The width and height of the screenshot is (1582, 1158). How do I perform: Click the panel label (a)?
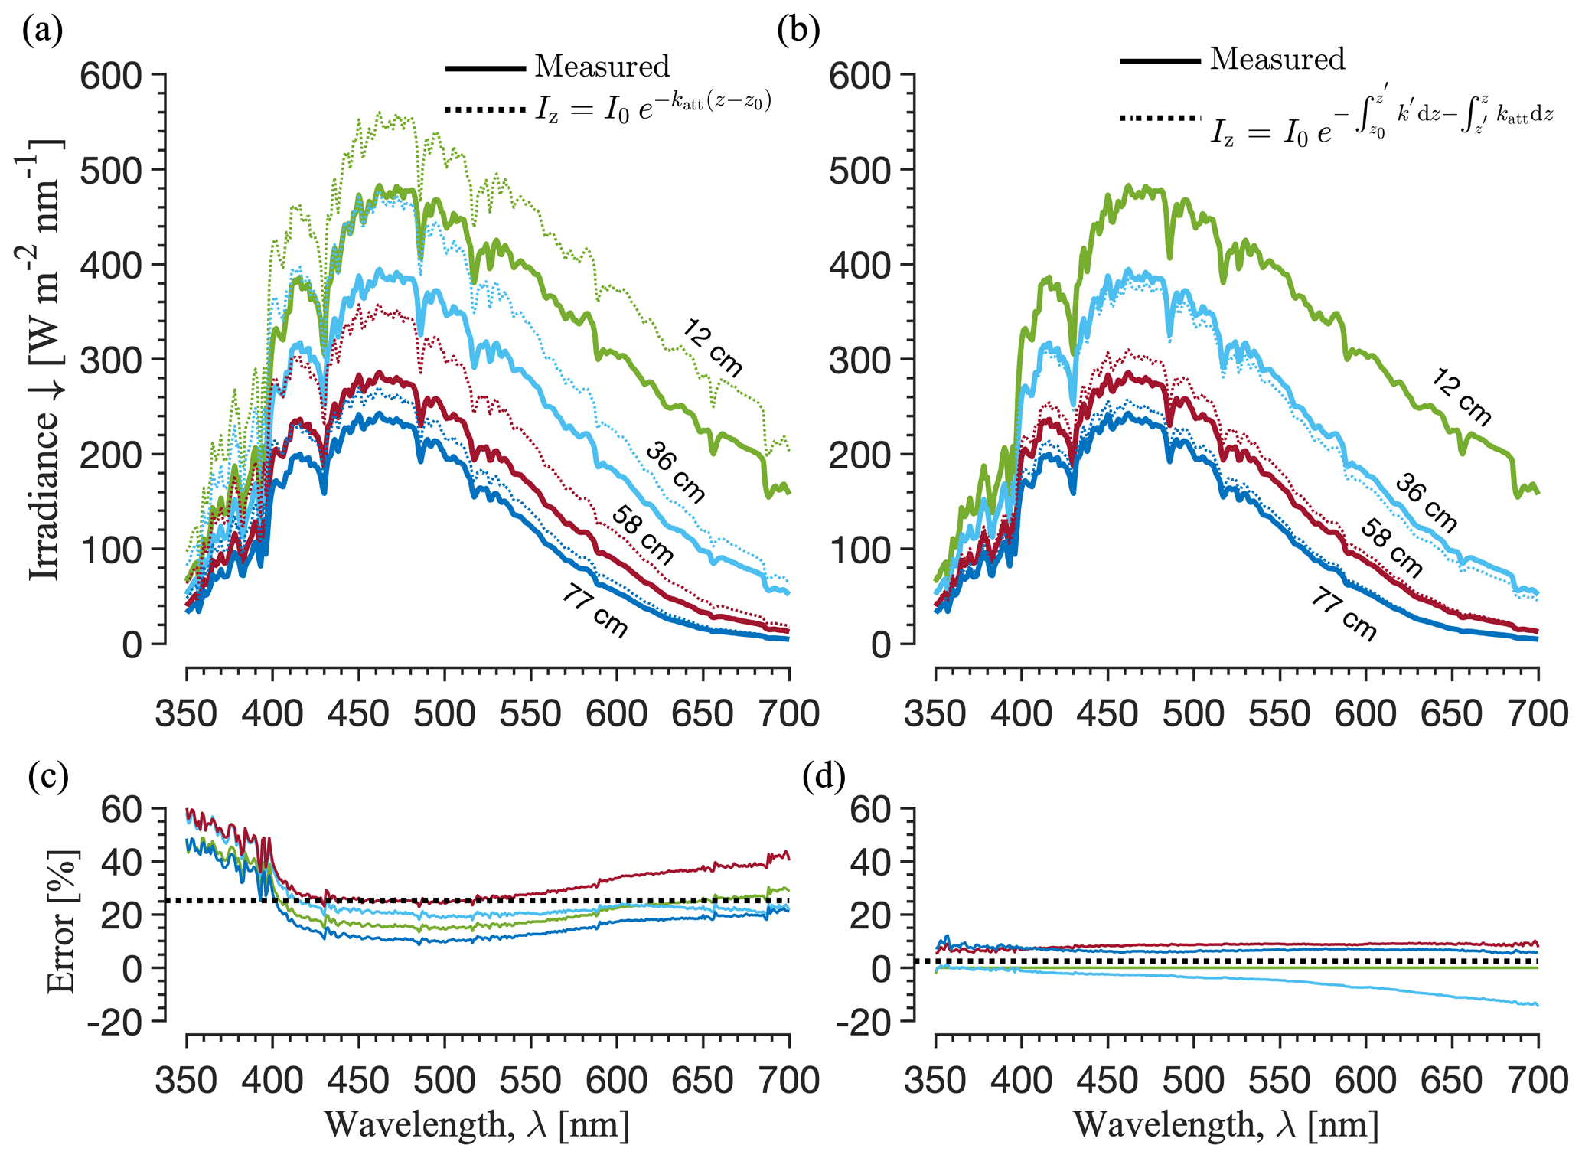click(42, 31)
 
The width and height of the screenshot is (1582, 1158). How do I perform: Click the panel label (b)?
click(798, 31)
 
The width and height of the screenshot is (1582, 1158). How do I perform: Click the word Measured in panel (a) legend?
click(602, 67)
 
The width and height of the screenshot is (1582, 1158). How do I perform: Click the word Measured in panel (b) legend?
click(1277, 59)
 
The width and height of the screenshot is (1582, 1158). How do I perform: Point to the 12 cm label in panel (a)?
click(713, 348)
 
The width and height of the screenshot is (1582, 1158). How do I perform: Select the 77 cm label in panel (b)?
click(1344, 614)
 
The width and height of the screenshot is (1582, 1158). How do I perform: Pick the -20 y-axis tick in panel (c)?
click(115, 1022)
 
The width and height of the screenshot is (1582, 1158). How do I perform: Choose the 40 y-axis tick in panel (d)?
click(872, 862)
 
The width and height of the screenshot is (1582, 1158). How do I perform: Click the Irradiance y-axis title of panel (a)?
click(44, 360)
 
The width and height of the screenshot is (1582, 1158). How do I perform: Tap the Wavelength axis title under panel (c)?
click(477, 1125)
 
